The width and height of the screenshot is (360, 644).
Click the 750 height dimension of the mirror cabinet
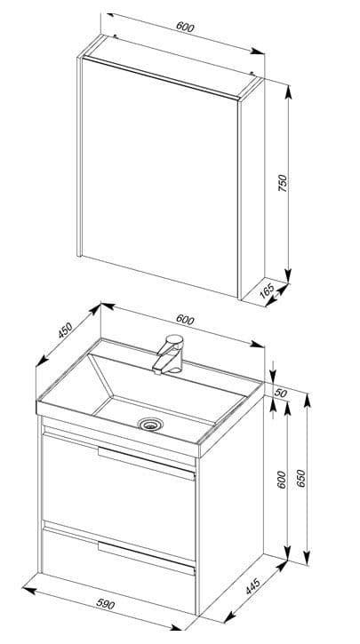tap(283, 183)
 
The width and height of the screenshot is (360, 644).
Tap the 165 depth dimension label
tap(268, 290)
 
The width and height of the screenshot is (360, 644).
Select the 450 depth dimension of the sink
tap(65, 330)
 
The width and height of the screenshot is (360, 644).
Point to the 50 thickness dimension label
tap(280, 393)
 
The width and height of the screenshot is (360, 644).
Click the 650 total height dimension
tap(300, 478)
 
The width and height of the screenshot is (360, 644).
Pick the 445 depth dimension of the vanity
tap(252, 585)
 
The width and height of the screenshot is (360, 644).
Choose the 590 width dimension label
tap(106, 604)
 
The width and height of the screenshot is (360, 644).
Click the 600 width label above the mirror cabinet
tap(185, 27)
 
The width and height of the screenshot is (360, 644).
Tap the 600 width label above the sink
tap(185, 320)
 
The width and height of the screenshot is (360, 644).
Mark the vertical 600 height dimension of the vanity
tap(282, 480)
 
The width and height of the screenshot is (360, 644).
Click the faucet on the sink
tap(169, 354)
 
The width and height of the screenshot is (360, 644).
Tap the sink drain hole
tap(150, 424)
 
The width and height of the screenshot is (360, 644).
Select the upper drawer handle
tap(147, 464)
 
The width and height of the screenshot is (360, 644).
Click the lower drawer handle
tap(147, 558)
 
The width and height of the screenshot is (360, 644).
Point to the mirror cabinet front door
tap(160, 178)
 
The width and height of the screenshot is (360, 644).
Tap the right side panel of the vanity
tap(231, 505)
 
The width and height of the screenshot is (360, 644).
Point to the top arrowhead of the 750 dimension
tap(289, 91)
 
